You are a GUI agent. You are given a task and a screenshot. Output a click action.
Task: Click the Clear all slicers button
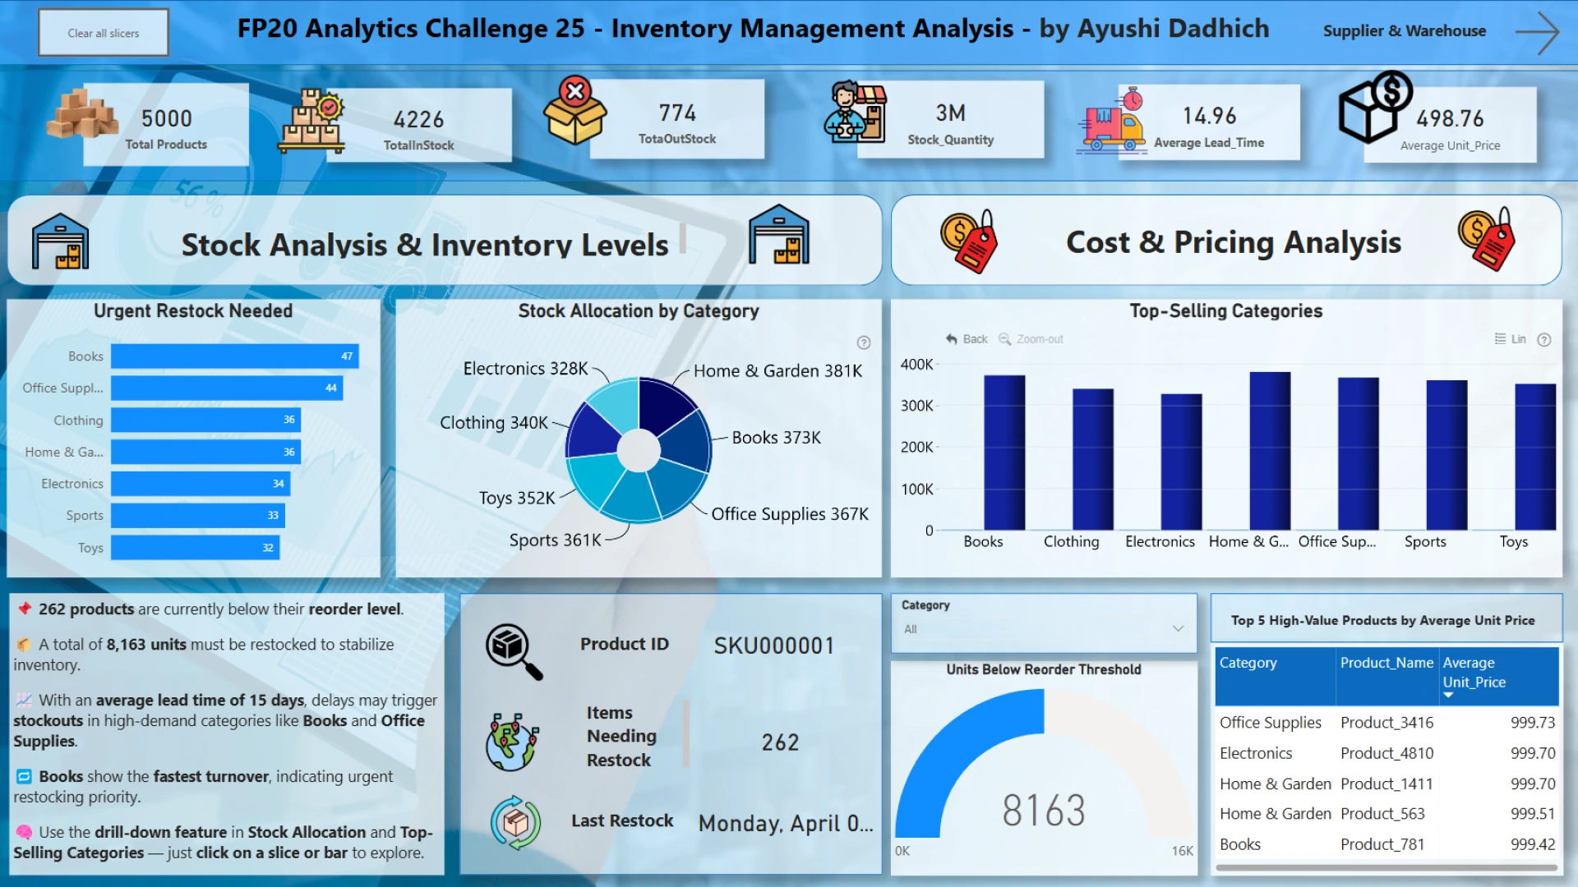104,33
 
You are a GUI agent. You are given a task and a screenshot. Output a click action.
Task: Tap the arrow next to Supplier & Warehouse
1536,33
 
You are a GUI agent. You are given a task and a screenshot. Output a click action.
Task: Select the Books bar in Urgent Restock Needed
234,356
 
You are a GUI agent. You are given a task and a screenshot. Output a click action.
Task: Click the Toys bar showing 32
195,548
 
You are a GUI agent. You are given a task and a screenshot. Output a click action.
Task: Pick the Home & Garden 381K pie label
777,371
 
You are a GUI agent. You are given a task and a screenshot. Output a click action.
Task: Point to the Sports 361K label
555,540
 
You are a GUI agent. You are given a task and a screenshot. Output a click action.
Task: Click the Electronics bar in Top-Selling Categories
1181,462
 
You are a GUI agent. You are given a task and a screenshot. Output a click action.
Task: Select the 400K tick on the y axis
916,365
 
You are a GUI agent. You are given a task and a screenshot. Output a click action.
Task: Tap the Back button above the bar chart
967,339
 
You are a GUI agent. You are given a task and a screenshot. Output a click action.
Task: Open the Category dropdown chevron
1178,629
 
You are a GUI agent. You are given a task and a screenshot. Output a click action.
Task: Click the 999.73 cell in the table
1532,723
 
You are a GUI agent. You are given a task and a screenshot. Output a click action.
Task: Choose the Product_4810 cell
1387,753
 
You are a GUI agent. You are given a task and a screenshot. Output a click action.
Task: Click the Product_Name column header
1387,663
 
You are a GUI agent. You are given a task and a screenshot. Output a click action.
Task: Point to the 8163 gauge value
1044,811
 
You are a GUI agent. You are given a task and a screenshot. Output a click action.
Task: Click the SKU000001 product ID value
773,646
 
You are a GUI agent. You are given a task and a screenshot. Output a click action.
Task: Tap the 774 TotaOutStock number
677,113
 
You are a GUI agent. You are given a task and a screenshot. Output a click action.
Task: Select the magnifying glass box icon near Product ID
514,650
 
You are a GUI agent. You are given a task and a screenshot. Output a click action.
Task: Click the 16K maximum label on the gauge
1182,851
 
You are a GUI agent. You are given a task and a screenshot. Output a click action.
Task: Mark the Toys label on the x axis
1513,542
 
